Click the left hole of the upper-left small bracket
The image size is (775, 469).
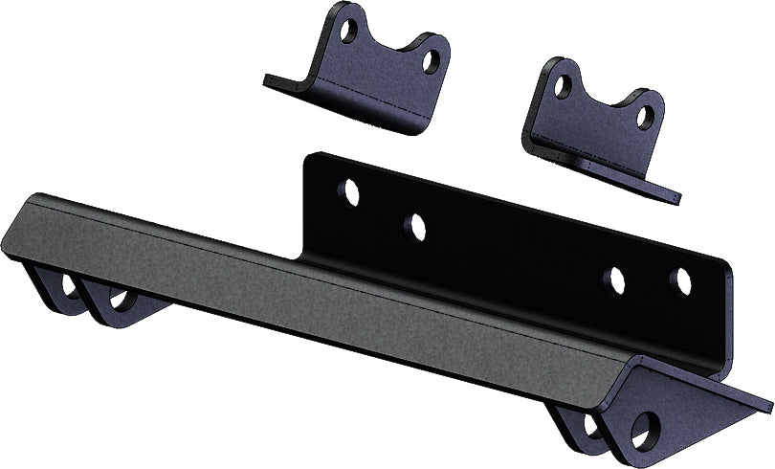(350, 31)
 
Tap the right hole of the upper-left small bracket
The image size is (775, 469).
(432, 62)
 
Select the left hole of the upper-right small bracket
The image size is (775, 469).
(564, 86)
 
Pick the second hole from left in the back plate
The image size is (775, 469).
(415, 227)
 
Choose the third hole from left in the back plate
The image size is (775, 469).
(615, 279)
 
